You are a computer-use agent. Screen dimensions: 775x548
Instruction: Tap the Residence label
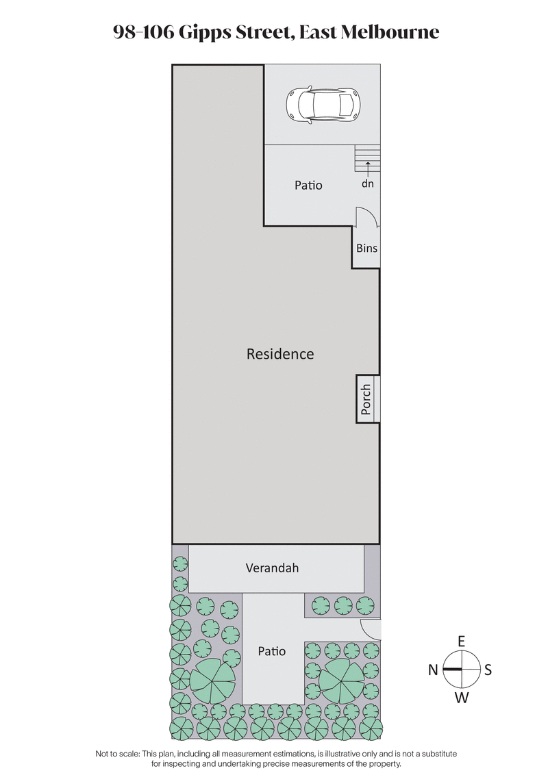pos(280,354)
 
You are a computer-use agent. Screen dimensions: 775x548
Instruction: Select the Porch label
pos(366,399)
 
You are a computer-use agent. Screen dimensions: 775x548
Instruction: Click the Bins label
pos(366,249)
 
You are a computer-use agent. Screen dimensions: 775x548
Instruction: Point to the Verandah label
pos(272,568)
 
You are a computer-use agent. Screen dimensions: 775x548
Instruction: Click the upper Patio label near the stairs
pos(308,185)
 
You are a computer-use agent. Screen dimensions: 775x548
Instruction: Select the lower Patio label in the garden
pos(272,651)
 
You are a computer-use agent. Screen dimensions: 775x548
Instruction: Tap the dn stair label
pos(369,184)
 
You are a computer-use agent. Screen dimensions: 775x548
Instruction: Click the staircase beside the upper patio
pos(367,160)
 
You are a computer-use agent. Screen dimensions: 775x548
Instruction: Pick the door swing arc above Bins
pos(366,217)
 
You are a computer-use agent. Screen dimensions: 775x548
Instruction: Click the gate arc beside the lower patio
pos(371,628)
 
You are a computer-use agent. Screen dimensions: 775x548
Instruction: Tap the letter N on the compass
pos(433,670)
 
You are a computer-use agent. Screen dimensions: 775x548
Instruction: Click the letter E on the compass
pos(462,641)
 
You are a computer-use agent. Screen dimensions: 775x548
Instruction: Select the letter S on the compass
pos(488,670)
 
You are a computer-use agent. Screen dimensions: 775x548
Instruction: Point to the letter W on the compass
pos(462,698)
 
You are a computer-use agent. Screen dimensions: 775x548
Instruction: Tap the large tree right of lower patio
pos(341,679)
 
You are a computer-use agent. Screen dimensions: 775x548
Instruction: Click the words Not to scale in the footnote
pos(117,753)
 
